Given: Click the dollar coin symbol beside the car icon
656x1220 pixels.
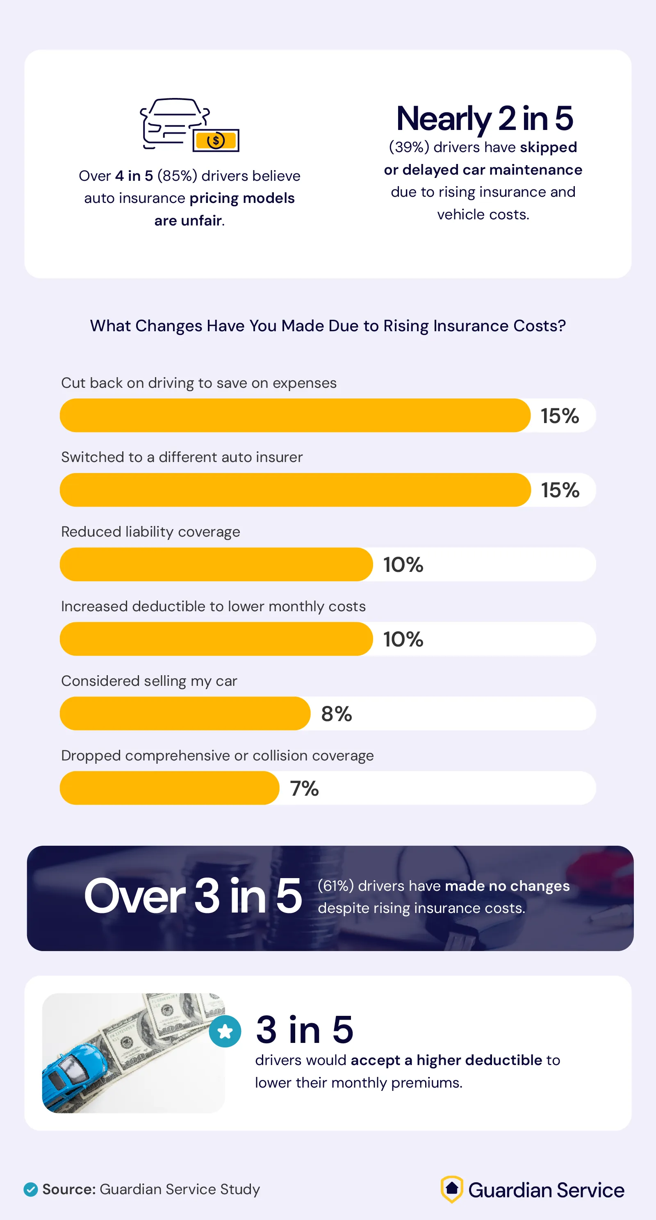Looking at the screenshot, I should coord(216,141).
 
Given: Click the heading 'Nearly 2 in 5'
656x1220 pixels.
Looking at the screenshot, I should coord(484,118).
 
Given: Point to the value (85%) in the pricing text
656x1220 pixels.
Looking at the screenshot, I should coord(177,176).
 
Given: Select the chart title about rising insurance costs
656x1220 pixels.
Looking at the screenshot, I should coord(328,326).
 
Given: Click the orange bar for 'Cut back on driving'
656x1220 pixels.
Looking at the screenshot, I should coord(295,415).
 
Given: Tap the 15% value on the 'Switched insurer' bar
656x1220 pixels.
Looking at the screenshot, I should coord(560,490).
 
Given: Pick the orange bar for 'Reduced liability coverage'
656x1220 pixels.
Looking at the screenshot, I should coord(216,564).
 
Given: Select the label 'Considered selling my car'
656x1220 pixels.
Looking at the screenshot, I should coord(149,681).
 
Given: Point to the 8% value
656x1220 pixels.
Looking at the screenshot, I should coord(336,714).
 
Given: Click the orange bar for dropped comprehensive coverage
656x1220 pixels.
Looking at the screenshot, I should coord(169,788).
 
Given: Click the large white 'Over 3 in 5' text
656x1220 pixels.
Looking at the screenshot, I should coord(193,897).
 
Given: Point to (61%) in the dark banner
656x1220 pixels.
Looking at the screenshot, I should coord(335,885).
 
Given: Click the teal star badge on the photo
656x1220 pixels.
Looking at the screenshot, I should coord(225,1031).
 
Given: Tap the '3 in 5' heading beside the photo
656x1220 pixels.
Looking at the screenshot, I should coord(305,1030).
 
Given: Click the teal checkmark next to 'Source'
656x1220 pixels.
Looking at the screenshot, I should coord(31,1189).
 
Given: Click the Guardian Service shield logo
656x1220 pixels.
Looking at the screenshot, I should coord(451,1189).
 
